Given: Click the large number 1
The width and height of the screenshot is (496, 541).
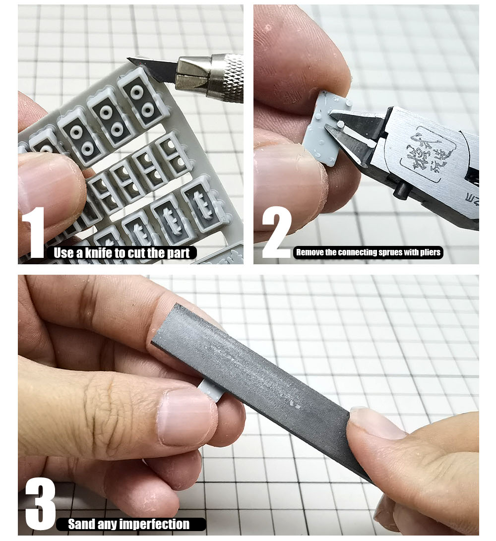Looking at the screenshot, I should point(36,233).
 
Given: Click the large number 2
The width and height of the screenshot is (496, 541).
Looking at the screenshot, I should point(276,233).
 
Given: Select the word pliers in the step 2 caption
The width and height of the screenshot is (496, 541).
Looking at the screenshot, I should point(428,252).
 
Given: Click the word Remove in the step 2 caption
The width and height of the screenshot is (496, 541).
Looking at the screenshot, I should point(309,252).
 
